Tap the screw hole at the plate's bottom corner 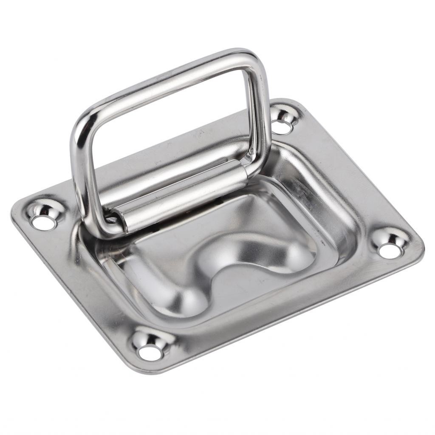click(x=151, y=352)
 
